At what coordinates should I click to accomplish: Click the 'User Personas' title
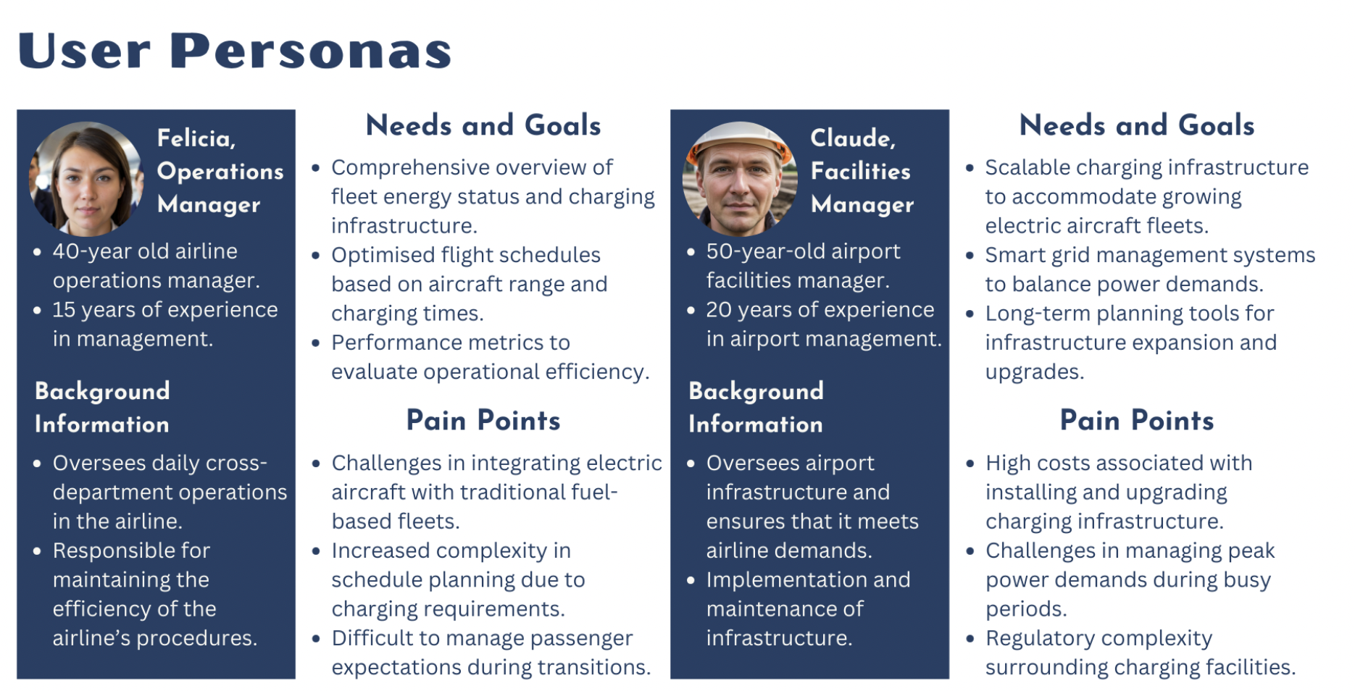point(234,51)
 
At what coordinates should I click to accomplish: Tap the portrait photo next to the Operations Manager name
point(86,179)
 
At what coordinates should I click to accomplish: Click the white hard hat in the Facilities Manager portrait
point(739,138)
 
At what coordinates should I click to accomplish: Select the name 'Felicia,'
point(196,138)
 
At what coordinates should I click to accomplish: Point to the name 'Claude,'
point(852,138)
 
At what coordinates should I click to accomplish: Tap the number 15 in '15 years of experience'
point(64,310)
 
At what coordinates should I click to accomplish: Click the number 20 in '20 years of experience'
point(719,310)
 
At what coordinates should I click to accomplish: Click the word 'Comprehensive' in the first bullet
point(409,167)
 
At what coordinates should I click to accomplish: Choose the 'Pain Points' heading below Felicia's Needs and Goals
point(483,420)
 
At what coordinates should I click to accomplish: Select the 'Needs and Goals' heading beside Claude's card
point(1136,125)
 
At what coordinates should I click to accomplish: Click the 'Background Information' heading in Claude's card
point(756,407)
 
